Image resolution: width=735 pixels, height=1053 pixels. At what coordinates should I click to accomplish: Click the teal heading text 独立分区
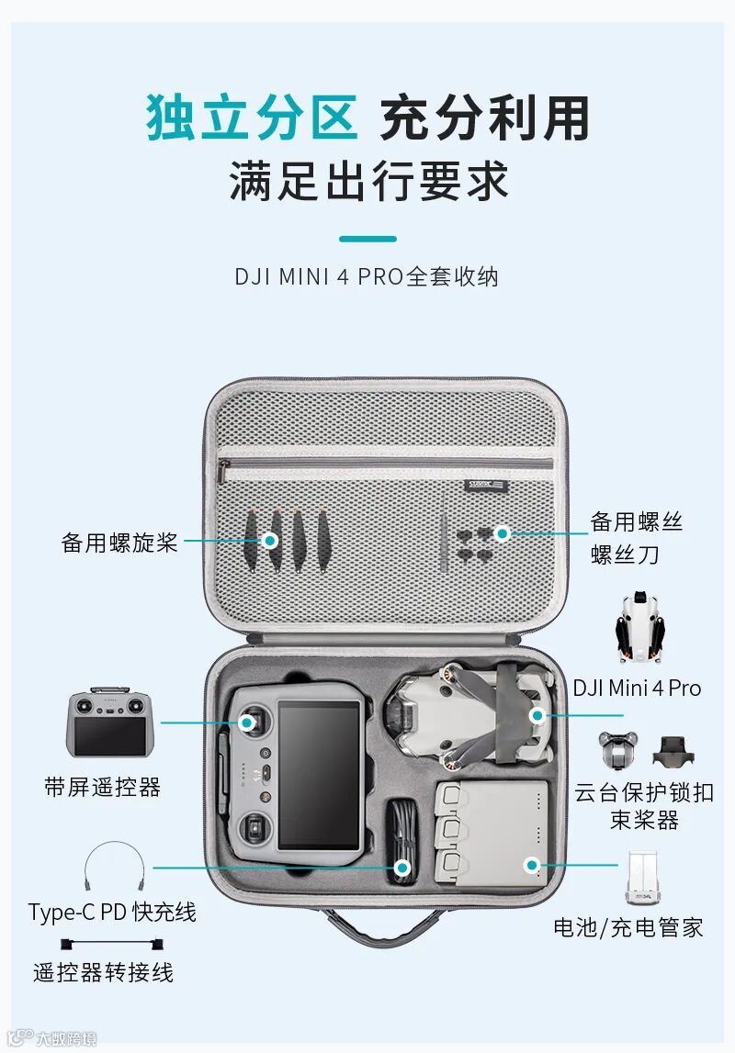pos(251,118)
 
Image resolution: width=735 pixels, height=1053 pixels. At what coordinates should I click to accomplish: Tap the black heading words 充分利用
pos(484,118)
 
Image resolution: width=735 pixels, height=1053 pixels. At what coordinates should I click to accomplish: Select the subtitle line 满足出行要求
pos(367,180)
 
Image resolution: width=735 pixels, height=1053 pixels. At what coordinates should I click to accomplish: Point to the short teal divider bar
pos(367,239)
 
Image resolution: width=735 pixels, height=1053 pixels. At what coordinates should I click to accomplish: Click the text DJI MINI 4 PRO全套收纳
pos(367,276)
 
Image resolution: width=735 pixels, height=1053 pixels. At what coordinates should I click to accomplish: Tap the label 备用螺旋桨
pos(119,542)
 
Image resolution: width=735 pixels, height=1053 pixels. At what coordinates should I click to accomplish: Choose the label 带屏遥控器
pos(102,787)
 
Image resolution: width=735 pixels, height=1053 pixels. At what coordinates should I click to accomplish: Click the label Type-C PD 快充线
pos(112,912)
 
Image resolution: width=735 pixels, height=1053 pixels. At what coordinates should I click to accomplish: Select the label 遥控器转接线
pos(104,972)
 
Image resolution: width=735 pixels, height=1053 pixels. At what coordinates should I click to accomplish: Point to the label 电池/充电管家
pos(628,927)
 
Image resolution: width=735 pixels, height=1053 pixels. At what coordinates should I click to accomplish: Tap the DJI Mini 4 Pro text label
pos(637,689)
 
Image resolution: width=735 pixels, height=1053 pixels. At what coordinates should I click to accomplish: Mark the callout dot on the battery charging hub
pos(530,864)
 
